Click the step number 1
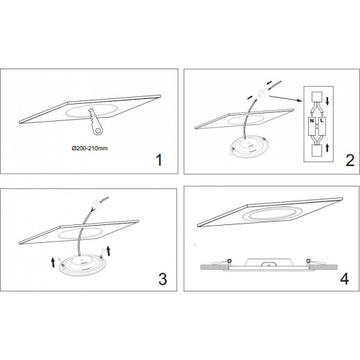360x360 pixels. (159, 160)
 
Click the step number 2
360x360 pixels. (350, 161)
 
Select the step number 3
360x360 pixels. (163, 279)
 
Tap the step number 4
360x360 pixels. (345, 279)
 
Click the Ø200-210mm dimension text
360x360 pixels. (89, 148)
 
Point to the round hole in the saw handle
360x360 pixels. (98, 131)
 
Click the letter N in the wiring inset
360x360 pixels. (312, 120)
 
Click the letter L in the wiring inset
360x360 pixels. (322, 120)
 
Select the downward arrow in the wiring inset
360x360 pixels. (327, 101)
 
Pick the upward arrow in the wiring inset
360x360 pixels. (327, 147)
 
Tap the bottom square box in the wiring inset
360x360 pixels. (317, 151)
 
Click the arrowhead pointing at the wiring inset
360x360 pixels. (300, 100)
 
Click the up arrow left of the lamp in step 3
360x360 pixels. (53, 262)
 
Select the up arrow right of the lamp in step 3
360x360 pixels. (109, 251)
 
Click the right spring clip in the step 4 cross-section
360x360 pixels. (316, 262)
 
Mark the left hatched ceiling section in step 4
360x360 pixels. (215, 267)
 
